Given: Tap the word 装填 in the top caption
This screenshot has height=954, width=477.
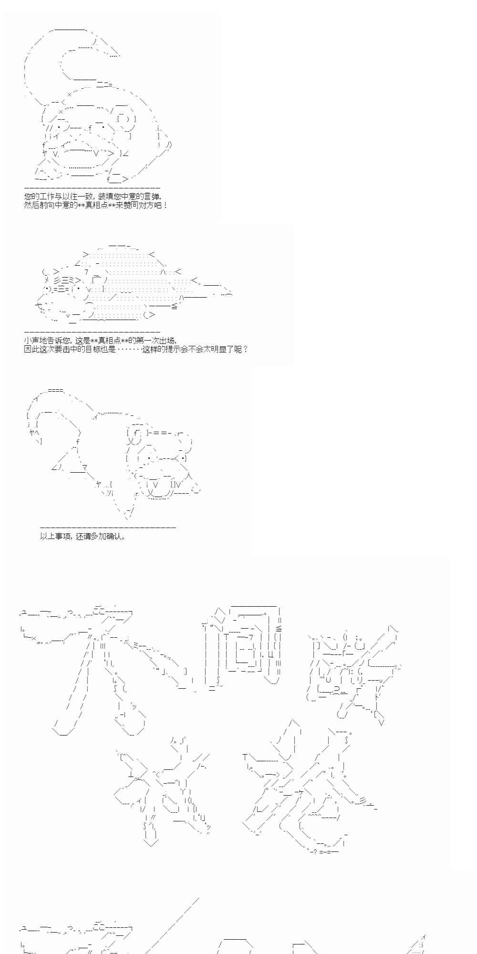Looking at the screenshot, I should click(x=106, y=197).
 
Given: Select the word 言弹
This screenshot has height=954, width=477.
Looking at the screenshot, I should click(x=155, y=197).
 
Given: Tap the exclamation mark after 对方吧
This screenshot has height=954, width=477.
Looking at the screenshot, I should click(x=165, y=206).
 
